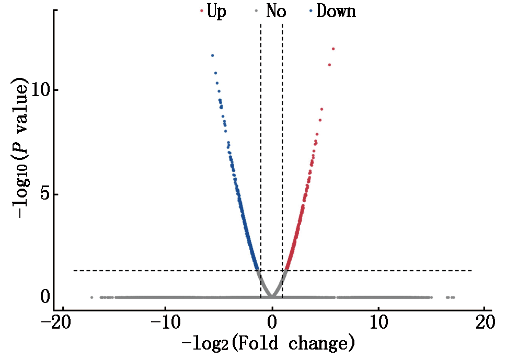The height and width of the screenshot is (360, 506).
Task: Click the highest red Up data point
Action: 333,49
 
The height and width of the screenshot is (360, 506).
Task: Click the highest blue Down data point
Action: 212,55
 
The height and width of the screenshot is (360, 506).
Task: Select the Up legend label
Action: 216,11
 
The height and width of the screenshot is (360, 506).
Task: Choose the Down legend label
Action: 336,11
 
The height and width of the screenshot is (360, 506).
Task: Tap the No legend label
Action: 275,11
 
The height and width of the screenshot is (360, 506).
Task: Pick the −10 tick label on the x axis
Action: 166,320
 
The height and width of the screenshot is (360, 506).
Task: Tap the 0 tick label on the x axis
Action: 272,320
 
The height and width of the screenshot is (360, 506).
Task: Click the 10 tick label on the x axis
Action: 379,320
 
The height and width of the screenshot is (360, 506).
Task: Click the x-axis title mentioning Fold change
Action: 268,344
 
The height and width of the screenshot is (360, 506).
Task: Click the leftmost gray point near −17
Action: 91,297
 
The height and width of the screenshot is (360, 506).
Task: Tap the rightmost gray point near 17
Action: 453,297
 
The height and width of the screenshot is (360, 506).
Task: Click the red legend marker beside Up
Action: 201,11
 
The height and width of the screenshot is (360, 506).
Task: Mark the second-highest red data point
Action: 329,65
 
